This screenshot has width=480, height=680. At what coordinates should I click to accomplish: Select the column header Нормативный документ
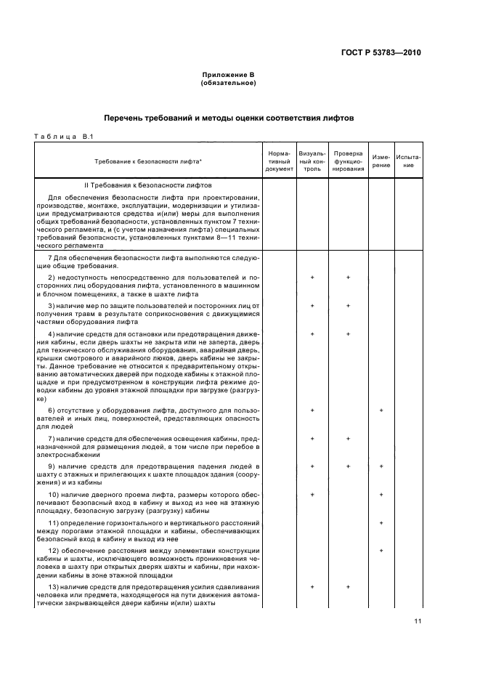tap(279, 161)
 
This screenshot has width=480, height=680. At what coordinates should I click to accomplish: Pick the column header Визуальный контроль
tap(312, 161)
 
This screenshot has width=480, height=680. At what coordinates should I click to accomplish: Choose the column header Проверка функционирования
tap(348, 161)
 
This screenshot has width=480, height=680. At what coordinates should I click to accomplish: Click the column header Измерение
tap(381, 161)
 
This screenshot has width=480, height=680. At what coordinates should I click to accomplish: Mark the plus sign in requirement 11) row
tap(381, 523)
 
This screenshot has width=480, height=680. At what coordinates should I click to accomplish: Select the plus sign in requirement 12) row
tap(381, 551)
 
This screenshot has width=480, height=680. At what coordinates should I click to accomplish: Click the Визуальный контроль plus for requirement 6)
tap(312, 411)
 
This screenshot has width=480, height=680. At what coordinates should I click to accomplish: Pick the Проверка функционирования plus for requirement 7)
tap(348, 439)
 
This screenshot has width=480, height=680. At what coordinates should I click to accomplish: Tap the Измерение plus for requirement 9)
tap(381, 466)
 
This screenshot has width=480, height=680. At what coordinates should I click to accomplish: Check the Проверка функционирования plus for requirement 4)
tap(348, 333)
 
